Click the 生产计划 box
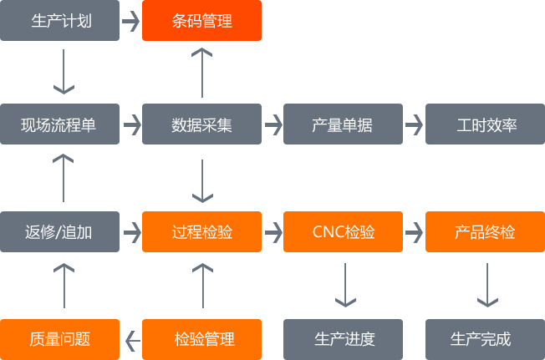(59, 21)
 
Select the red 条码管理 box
(201, 21)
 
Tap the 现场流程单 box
(59, 125)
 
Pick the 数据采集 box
(201, 125)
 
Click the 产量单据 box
(343, 125)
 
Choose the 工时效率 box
(485, 125)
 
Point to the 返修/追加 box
(59, 231)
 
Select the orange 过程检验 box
(201, 231)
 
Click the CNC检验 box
(343, 231)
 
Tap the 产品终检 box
(485, 231)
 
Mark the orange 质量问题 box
(59, 339)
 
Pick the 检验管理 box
(201, 339)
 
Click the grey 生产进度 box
(343, 339)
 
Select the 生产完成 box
(485, 339)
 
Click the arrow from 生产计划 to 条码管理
(130, 21)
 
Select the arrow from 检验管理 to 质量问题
(131, 339)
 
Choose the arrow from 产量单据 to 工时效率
(415, 125)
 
